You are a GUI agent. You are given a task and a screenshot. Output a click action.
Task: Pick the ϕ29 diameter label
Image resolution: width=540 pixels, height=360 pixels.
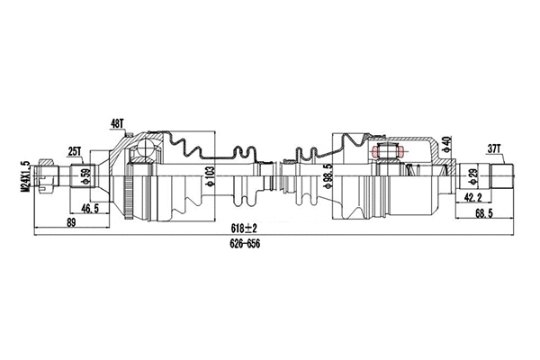[474, 173]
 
